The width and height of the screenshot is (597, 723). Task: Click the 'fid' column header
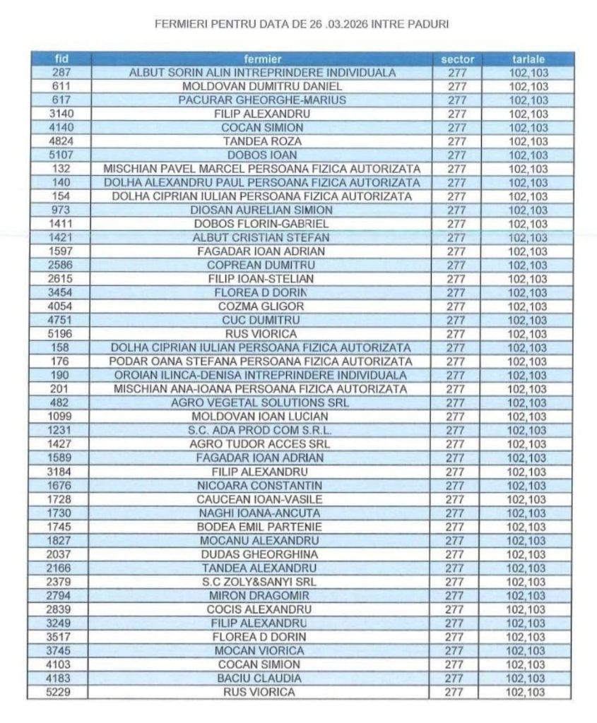61,59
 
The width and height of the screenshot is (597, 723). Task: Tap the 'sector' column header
457,59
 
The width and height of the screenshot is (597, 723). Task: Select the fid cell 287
61,73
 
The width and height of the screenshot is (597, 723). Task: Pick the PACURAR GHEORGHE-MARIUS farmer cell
262,100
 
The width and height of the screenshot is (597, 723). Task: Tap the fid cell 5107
61,155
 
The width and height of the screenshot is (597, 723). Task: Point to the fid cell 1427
61,444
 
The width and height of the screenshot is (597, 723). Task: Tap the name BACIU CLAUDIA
262,678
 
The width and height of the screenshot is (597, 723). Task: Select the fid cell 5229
61,692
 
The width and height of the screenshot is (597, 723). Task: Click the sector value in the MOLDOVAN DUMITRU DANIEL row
457,86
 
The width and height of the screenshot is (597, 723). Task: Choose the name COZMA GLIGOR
262,306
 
